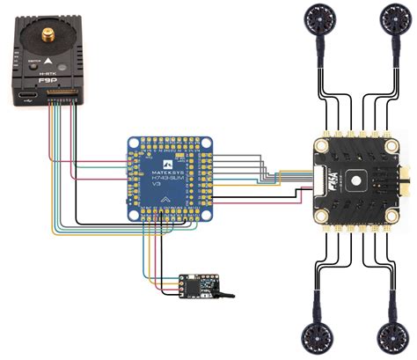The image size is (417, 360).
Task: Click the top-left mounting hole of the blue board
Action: tap(134, 143)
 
